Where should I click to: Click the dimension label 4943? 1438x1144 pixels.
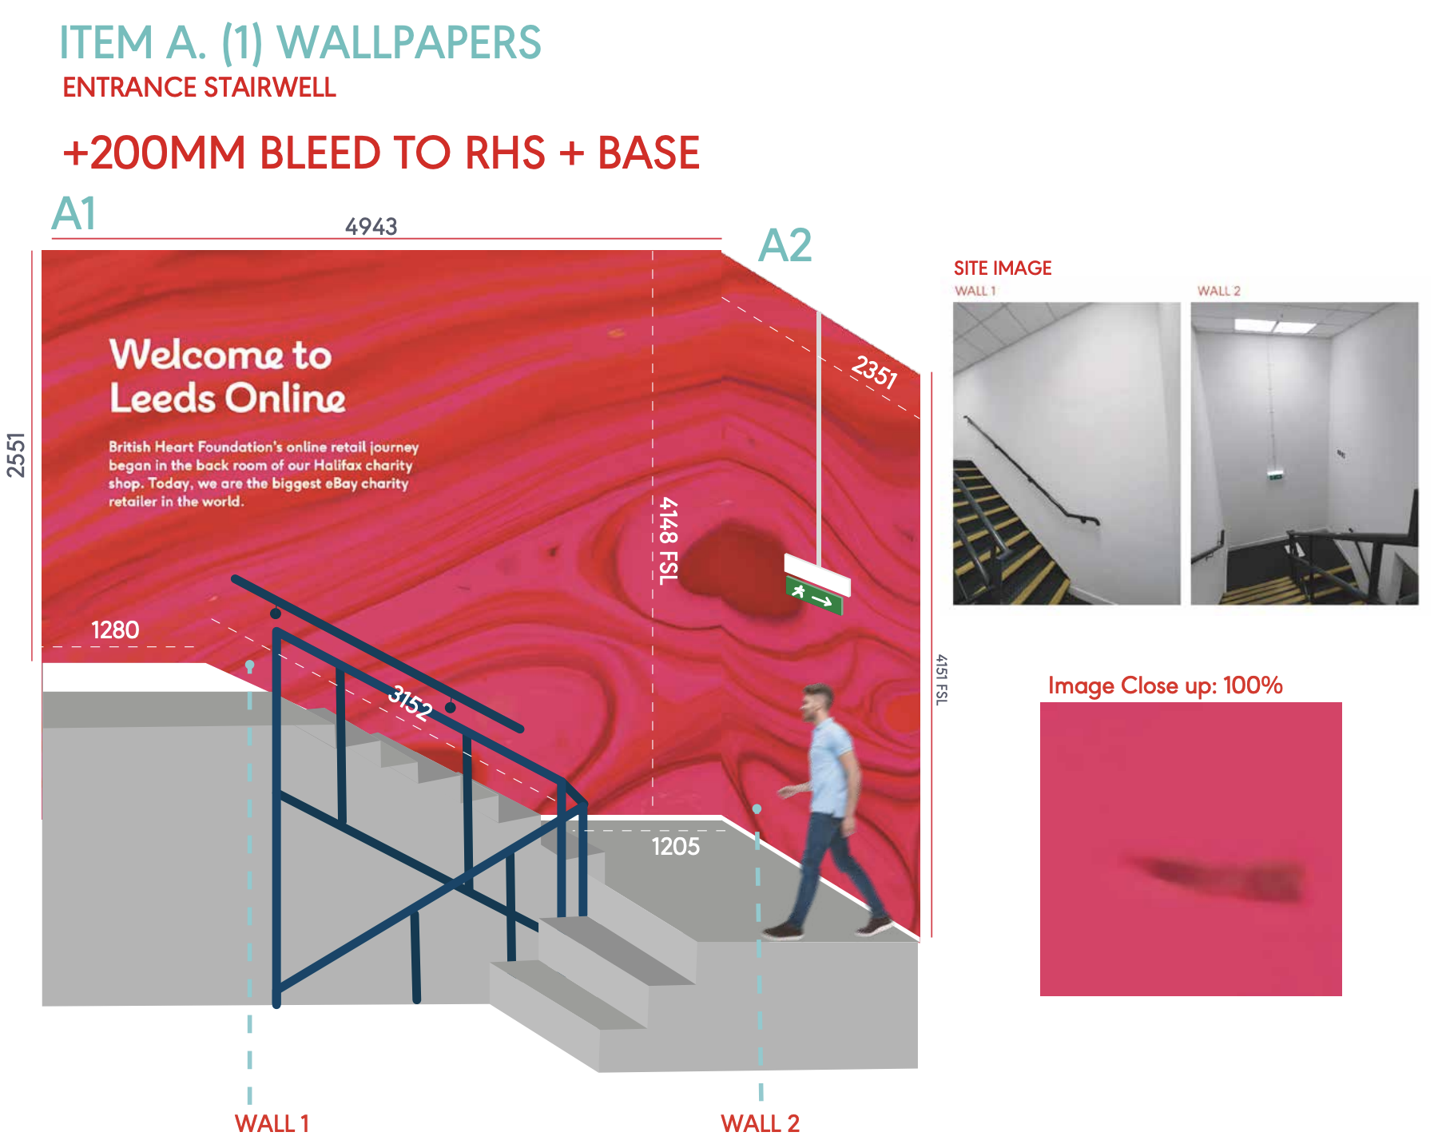pyautogui.click(x=371, y=227)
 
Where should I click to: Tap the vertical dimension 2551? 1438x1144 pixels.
pyautogui.click(x=17, y=455)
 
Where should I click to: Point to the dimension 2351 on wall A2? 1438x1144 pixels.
pyautogui.click(x=874, y=371)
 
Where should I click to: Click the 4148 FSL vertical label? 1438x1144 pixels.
pyautogui.click(x=668, y=541)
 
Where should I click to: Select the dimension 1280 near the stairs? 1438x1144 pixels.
pyautogui.click(x=115, y=630)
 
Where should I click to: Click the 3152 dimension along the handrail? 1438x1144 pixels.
pyautogui.click(x=410, y=703)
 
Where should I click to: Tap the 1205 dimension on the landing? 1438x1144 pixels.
pyautogui.click(x=675, y=846)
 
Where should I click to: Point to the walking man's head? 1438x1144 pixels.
pyautogui.click(x=818, y=701)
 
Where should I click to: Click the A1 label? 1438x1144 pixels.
pyautogui.click(x=74, y=214)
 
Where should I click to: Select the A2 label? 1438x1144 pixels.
pyautogui.click(x=785, y=245)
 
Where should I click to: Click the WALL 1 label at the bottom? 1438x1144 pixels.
pyautogui.click(x=272, y=1124)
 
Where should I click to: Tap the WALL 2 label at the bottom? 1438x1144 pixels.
pyautogui.click(x=760, y=1124)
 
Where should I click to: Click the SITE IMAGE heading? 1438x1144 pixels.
pyautogui.click(x=1002, y=268)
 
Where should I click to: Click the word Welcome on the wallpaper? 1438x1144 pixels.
pyautogui.click(x=196, y=355)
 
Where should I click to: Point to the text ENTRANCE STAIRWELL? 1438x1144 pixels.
pyautogui.click(x=199, y=87)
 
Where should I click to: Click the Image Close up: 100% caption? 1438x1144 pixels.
pyautogui.click(x=1165, y=685)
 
